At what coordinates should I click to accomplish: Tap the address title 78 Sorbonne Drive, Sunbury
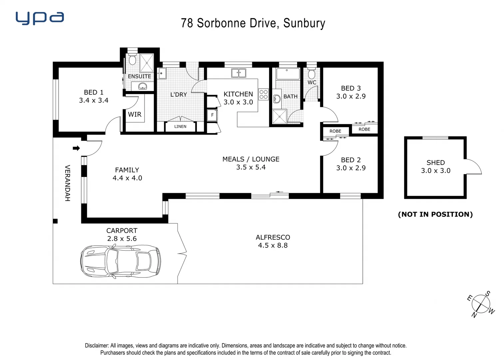(253, 23)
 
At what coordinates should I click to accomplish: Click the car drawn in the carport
(121, 261)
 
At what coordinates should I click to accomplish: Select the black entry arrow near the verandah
(76, 148)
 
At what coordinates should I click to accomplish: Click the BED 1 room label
(94, 92)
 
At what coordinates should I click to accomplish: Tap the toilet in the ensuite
(132, 60)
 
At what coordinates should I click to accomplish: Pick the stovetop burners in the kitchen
(263, 94)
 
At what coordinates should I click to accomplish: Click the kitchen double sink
(239, 73)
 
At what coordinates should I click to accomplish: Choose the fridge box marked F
(212, 115)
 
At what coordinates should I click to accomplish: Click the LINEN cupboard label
(180, 127)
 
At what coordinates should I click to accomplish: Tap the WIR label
(135, 114)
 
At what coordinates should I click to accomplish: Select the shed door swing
(474, 167)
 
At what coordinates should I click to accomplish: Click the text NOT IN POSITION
(435, 214)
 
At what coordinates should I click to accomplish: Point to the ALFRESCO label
(273, 237)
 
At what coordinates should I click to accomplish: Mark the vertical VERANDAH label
(68, 183)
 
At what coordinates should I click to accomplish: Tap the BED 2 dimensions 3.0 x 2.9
(351, 168)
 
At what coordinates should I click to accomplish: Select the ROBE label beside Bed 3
(364, 129)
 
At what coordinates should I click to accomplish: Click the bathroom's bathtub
(288, 74)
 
